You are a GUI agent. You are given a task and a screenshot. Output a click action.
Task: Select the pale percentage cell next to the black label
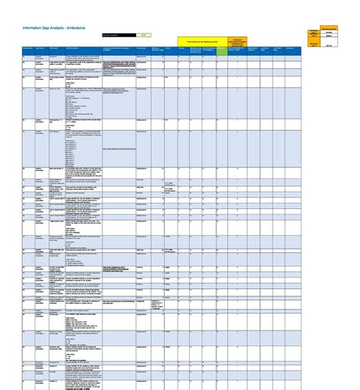point(143,35)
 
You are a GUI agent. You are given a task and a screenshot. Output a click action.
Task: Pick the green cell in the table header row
point(222,49)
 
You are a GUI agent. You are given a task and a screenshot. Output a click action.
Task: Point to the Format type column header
point(142,49)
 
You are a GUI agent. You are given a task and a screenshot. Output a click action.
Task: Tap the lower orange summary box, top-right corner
point(314,46)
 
